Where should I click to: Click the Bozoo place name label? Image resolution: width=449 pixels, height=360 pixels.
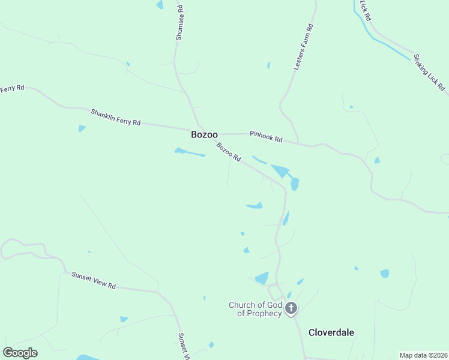point(204,134)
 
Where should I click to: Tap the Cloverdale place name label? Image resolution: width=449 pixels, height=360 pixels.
point(331,332)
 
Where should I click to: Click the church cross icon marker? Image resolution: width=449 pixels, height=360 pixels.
point(291,309)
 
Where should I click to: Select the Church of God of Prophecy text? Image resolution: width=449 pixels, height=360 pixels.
point(255,309)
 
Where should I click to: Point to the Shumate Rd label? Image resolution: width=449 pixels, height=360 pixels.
point(179,23)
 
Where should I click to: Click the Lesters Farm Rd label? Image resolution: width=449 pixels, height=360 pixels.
point(304,47)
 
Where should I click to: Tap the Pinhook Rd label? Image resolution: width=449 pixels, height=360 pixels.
point(266,136)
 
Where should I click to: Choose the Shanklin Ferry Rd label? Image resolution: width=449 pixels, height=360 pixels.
point(115,117)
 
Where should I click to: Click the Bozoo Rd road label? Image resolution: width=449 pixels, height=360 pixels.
point(229,152)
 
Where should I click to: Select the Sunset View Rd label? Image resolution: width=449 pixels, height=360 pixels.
point(93,280)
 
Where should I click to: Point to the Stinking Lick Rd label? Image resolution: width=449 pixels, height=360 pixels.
point(429,73)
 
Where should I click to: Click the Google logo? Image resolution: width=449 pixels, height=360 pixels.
point(20,353)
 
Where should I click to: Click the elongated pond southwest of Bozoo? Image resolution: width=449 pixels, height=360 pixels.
point(189,152)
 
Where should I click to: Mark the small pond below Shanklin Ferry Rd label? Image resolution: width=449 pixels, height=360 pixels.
point(81,128)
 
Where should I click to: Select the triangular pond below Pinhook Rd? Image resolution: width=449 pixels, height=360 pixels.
point(280,171)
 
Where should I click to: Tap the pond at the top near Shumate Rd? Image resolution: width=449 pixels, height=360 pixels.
point(160,5)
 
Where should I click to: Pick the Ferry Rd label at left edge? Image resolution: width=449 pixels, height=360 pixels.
point(12,89)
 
